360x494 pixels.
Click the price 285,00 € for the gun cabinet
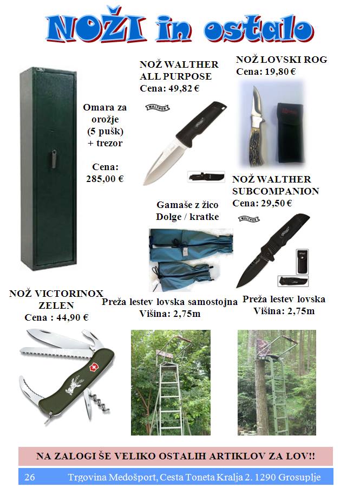coord(105,179)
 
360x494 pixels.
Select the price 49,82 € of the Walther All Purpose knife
coord(184,88)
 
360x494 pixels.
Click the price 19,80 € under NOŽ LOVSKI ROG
coord(280,72)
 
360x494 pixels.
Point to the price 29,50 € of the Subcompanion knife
coord(277,204)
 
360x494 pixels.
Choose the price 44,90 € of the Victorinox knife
coord(73,317)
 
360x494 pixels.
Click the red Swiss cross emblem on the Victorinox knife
coord(93,368)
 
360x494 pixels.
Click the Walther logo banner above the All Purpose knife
coord(158,108)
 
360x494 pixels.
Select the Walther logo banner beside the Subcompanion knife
coord(249,219)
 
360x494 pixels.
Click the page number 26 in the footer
coord(30,477)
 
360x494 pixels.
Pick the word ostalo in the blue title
coord(259,30)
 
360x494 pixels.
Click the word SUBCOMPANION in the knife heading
coord(276,192)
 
